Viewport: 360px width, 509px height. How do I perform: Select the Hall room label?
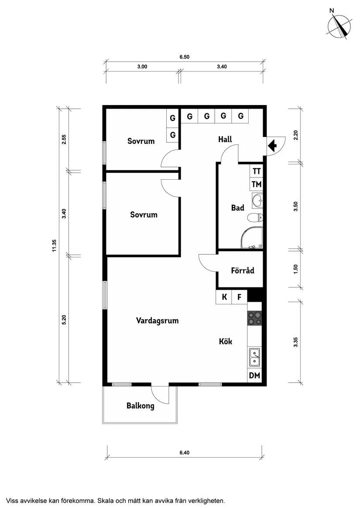click(x=225, y=140)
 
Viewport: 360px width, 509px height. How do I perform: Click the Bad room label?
click(x=237, y=208)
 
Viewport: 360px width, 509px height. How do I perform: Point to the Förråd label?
click(x=242, y=270)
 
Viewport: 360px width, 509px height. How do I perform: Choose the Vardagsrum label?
click(x=157, y=321)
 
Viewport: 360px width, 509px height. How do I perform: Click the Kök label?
click(x=225, y=342)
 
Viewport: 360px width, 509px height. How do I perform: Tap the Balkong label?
click(x=140, y=406)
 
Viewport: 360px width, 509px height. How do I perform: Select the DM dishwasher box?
click(x=255, y=376)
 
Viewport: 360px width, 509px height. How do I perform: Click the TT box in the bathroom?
click(x=256, y=171)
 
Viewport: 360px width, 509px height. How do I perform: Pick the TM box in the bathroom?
click(x=256, y=185)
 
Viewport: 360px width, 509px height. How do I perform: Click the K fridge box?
click(x=224, y=297)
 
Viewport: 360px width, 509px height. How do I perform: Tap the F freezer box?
click(x=239, y=297)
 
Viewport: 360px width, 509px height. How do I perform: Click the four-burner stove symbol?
click(x=255, y=318)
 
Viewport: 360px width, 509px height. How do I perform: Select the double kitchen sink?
click(x=254, y=358)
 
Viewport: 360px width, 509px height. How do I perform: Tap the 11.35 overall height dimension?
click(x=54, y=246)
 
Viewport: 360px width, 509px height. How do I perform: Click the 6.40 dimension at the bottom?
click(x=184, y=453)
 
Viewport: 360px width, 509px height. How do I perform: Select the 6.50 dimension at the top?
click(x=185, y=57)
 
